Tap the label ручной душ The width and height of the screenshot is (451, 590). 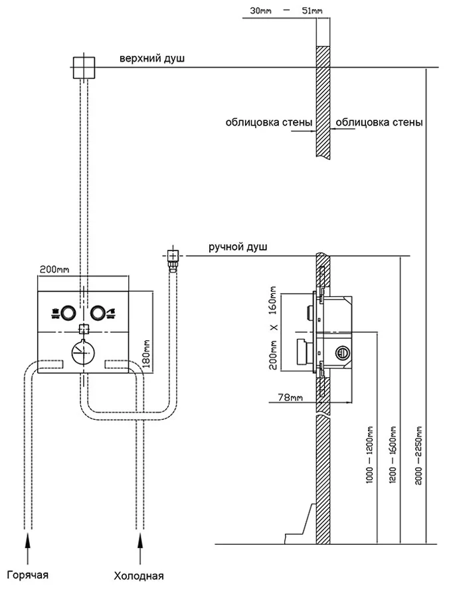pyautogui.click(x=238, y=247)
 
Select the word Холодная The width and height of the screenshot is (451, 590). pyautogui.click(x=139, y=575)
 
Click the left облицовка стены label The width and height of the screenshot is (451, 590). pyautogui.click(x=266, y=122)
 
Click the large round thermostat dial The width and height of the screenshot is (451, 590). pyautogui.click(x=82, y=351)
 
